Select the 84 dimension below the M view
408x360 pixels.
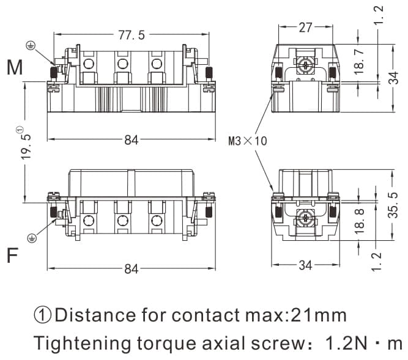coord(131,140)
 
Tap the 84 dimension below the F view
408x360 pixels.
coord(131,269)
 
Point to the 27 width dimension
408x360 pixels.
coord(305,28)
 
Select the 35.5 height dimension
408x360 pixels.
coord(394,205)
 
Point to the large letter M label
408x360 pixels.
coord(15,68)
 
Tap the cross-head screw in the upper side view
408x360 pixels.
coord(305,62)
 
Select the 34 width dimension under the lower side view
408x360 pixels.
coord(305,265)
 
